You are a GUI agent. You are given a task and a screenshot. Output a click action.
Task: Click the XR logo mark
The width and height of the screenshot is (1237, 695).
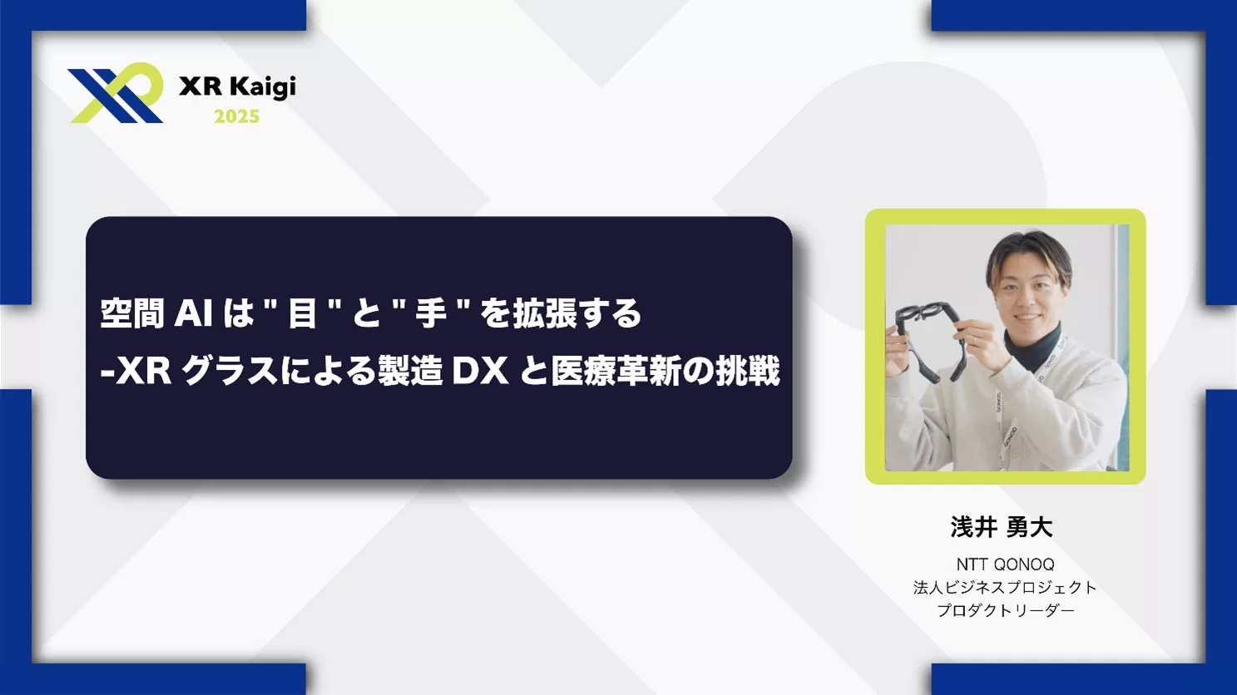pos(116,93)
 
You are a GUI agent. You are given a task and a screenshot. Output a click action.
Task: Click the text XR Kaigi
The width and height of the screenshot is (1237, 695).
pos(237,87)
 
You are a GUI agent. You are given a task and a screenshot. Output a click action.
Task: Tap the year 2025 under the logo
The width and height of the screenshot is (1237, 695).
pos(236,116)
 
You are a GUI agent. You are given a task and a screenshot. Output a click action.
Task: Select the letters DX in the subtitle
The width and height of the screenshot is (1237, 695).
pos(480,372)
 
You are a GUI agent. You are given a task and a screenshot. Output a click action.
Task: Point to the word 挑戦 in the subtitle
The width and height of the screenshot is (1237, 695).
pos(748,372)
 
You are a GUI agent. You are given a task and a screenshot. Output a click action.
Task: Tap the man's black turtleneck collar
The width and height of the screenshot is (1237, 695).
pos(1032,346)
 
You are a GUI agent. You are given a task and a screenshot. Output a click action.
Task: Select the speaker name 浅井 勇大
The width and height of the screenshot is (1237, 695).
pos(1002,526)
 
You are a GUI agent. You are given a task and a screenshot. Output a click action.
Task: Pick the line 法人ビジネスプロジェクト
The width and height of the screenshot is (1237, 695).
pos(1005,588)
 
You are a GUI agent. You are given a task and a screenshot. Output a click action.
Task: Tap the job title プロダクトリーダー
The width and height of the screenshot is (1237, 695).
pos(1006,610)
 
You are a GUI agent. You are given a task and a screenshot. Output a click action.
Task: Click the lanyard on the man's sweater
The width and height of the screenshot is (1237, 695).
pos(1009,425)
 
